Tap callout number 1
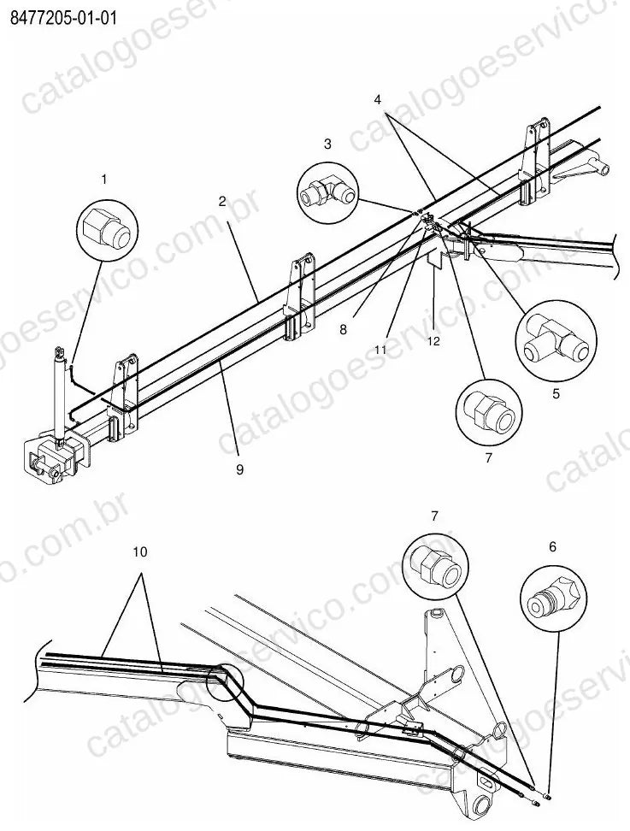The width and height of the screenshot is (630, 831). click(x=104, y=180)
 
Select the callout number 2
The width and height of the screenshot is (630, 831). click(x=222, y=201)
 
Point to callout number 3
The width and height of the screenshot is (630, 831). click(x=327, y=144)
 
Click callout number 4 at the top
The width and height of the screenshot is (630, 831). click(x=377, y=99)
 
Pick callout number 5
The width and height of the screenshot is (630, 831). click(x=556, y=394)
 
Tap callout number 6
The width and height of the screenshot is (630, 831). click(x=553, y=546)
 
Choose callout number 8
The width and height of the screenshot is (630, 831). click(x=344, y=330)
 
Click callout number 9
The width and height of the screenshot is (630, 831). click(x=240, y=469)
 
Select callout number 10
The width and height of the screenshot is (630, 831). click(x=140, y=551)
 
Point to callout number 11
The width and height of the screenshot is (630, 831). click(x=380, y=350)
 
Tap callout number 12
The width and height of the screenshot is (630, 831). click(x=433, y=341)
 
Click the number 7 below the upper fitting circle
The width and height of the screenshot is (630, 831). click(x=489, y=457)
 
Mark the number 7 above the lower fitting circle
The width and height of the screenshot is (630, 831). click(x=434, y=516)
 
